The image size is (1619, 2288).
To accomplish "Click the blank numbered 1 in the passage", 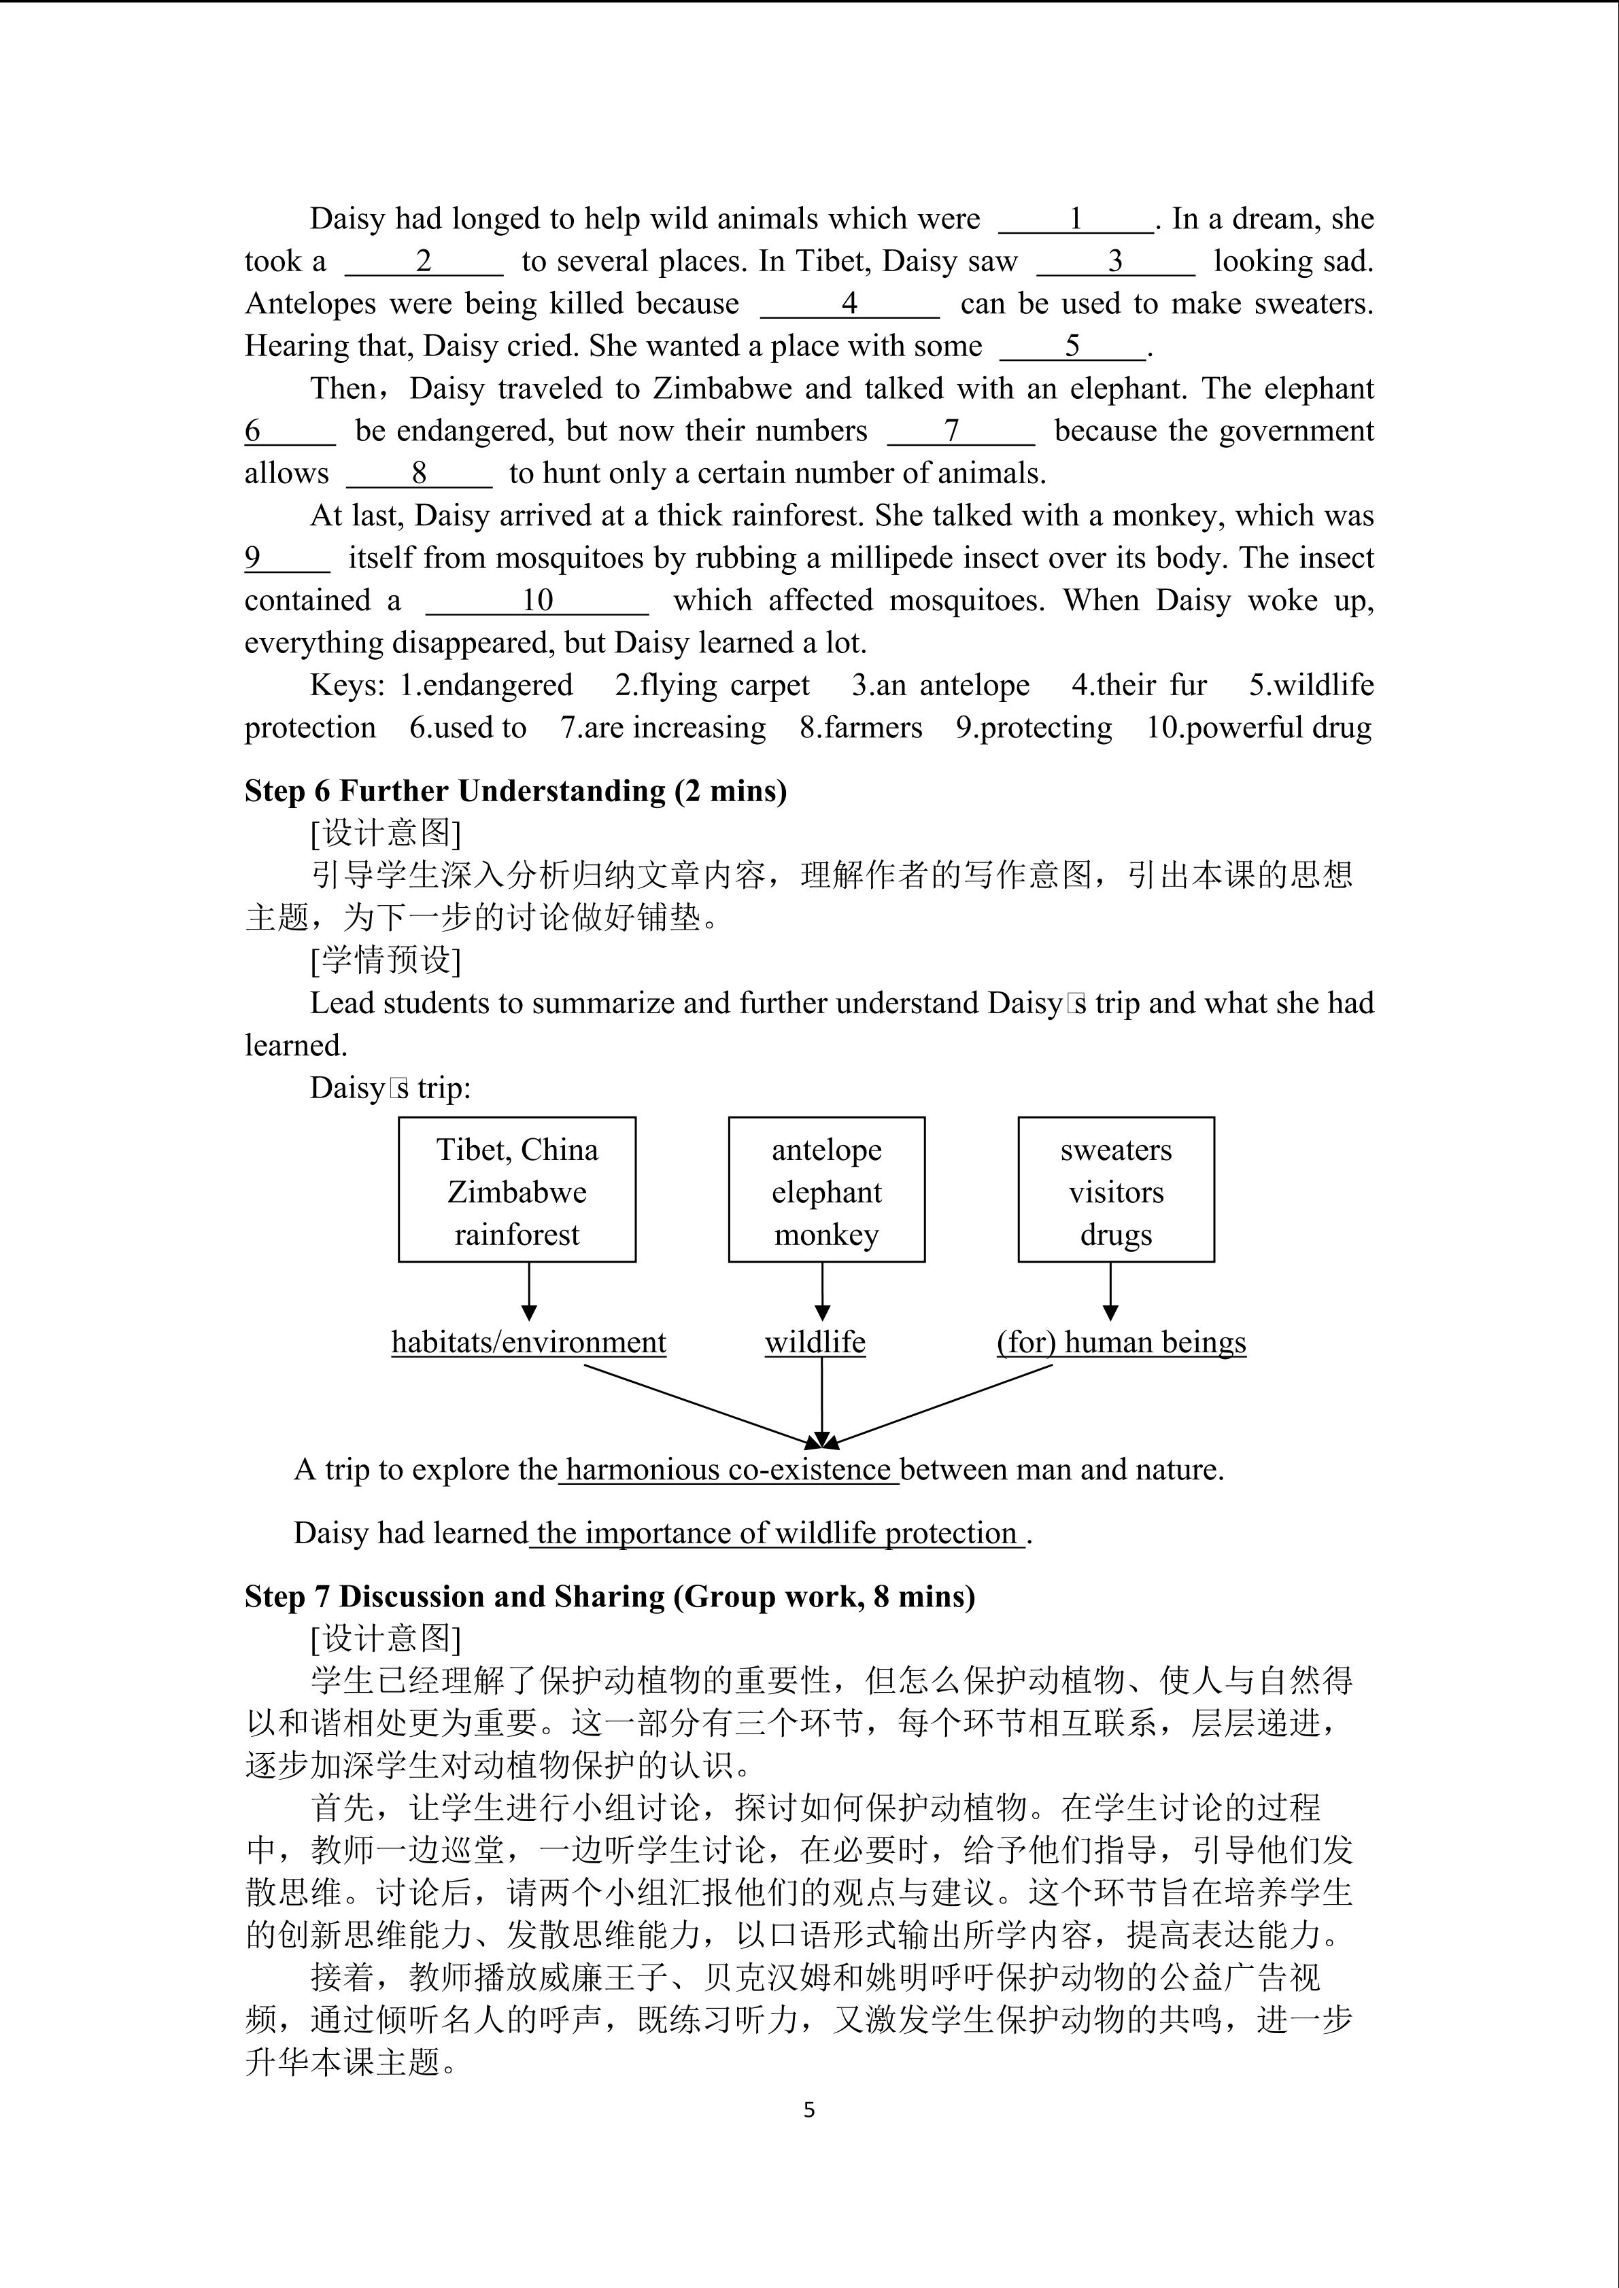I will pos(1076,219).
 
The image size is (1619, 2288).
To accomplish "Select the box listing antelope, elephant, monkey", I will pos(825,1190).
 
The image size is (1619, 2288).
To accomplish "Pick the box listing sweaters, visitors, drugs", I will pos(1116,1190).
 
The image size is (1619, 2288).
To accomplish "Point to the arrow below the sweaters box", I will pos(1110,1292).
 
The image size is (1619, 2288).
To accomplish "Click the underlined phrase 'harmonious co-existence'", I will pos(728,1470).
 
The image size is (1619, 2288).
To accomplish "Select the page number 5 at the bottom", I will pos(808,2110).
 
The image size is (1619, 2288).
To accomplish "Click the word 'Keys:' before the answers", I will pos(346,686).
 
